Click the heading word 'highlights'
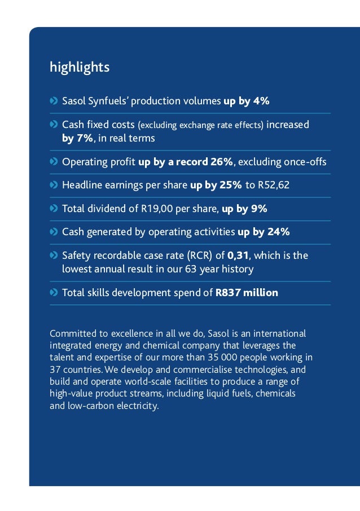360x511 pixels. [x=80, y=68]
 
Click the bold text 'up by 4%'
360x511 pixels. [x=247, y=102]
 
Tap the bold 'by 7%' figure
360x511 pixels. [x=77, y=138]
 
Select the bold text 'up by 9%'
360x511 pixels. [x=244, y=209]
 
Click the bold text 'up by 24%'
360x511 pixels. [x=264, y=232]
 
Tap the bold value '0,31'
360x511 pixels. [x=238, y=255]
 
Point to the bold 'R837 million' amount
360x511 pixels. [x=247, y=293]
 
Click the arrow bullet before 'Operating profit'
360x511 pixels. [x=54, y=162]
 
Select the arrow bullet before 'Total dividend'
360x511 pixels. [x=54, y=209]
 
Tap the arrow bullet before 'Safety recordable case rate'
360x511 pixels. [x=54, y=255]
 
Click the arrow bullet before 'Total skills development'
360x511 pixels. [x=54, y=293]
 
